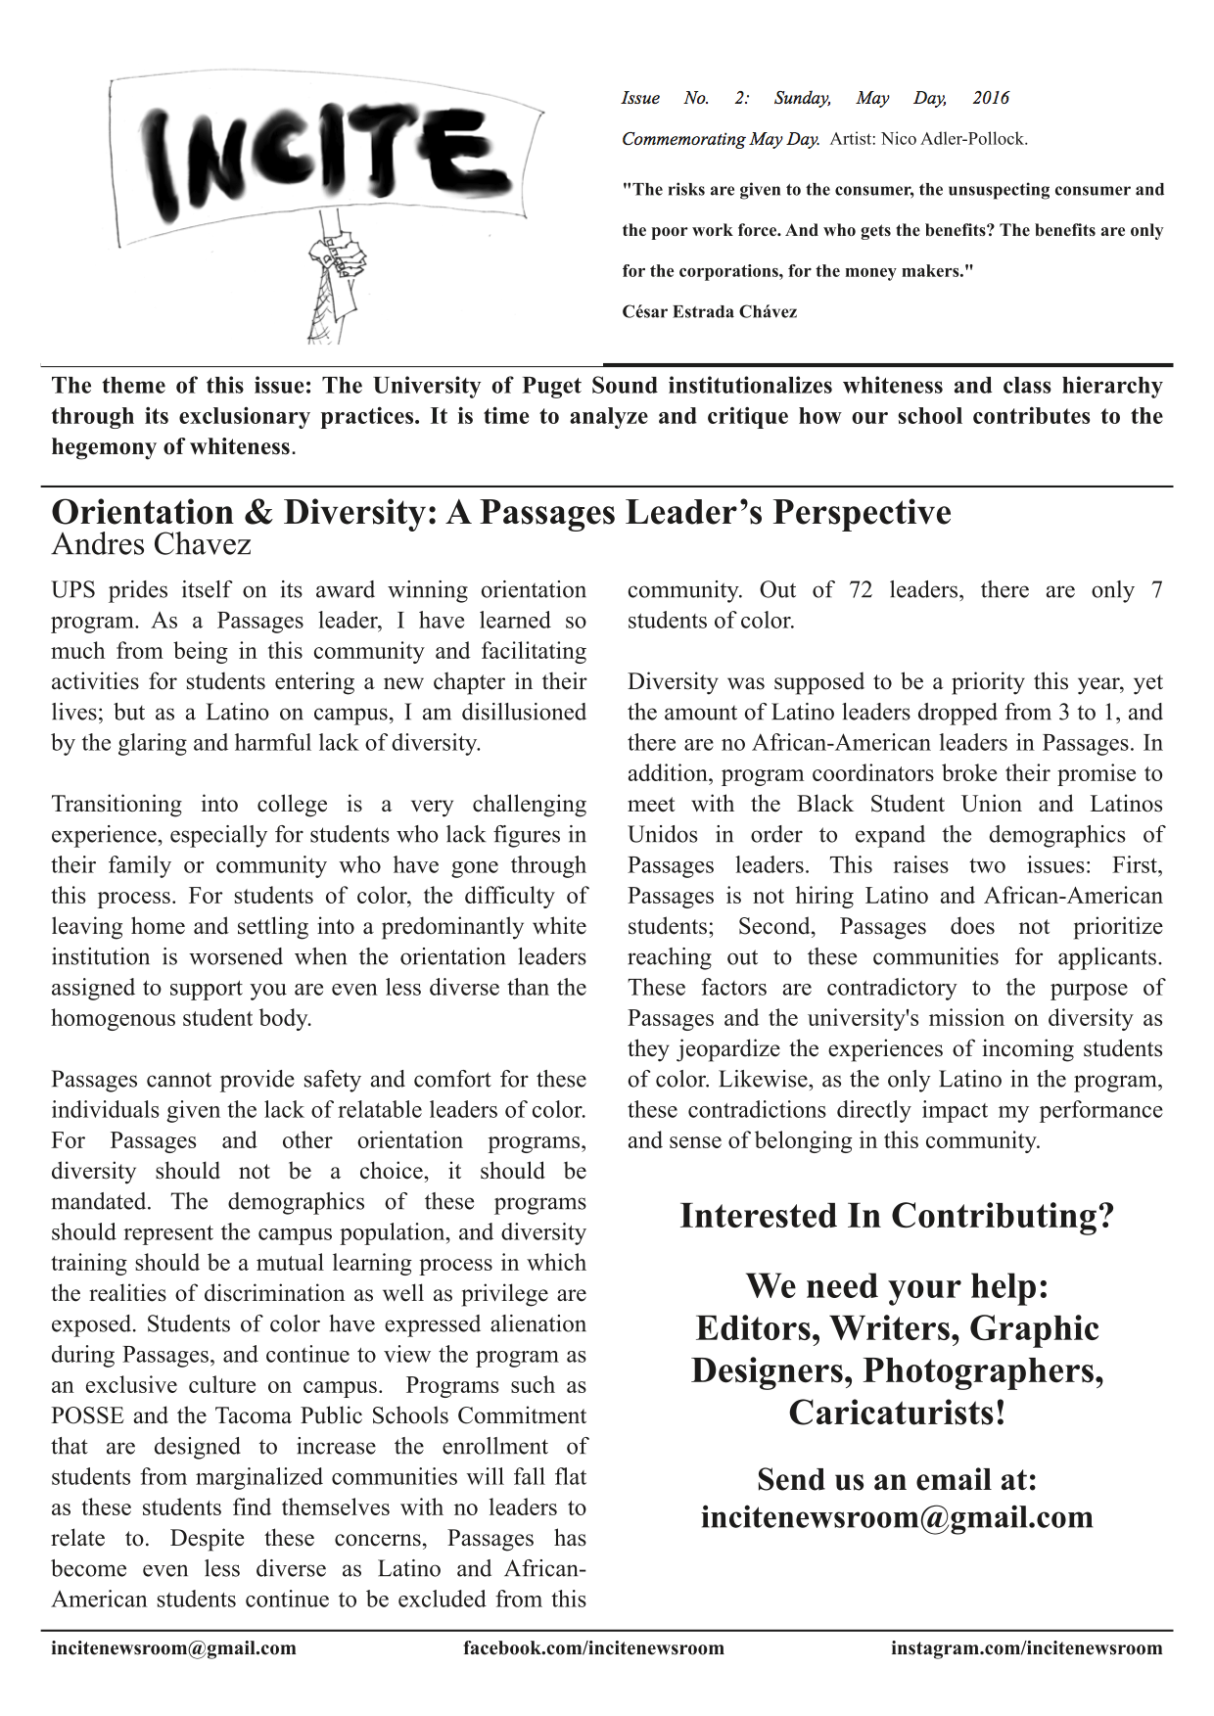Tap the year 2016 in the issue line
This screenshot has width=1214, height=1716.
pos(990,98)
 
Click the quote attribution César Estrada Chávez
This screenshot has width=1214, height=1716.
pos(709,312)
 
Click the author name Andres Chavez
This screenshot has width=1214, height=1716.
pos(151,544)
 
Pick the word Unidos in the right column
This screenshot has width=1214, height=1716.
pos(663,835)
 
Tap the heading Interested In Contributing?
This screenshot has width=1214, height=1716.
pos(897,1216)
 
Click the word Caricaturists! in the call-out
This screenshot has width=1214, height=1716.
pos(897,1414)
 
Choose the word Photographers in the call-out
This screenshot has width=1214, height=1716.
pos(983,1370)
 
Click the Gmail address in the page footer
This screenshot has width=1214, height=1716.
pos(173,1648)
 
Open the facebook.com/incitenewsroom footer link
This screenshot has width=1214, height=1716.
pos(593,1648)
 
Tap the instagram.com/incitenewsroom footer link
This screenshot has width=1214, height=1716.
pos(1026,1648)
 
